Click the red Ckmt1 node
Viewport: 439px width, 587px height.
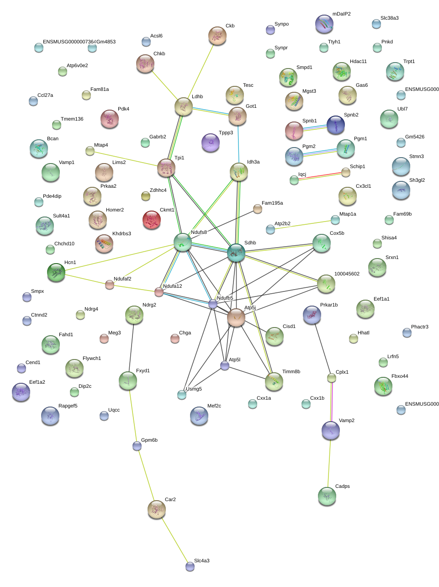pos(152,220)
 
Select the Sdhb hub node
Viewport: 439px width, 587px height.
pos(236,253)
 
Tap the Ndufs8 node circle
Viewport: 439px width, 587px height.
pos(183,242)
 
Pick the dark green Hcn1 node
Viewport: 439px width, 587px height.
pos(57,272)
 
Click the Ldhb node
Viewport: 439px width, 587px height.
pos(184,106)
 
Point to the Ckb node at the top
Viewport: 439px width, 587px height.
pos(217,36)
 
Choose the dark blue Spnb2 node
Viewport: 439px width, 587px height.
pos(336,125)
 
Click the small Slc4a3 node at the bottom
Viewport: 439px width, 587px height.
pos(190,566)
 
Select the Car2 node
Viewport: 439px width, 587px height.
pos(157,509)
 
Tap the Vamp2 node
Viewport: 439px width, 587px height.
pos(331,430)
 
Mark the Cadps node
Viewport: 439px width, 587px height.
pos(327,496)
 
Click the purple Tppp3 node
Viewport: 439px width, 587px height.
pos(211,143)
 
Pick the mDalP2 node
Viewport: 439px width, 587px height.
pos(324,24)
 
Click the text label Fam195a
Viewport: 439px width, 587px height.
pos(272,203)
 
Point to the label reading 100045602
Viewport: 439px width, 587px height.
pos(347,274)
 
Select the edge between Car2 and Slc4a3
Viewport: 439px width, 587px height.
pos(174,538)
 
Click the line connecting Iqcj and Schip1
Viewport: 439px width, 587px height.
pos(320,176)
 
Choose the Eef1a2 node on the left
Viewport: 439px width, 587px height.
pos(21,392)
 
